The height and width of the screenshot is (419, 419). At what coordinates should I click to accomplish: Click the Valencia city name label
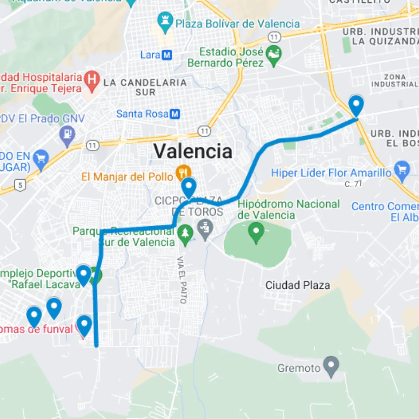click(x=193, y=151)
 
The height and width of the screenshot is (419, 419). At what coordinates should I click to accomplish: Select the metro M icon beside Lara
click(x=167, y=55)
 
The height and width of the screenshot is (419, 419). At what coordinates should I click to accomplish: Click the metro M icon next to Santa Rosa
click(x=175, y=114)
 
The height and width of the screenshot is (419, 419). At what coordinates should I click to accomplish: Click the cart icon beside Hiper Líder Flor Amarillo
click(x=402, y=170)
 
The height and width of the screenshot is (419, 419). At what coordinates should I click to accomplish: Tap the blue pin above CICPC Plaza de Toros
click(x=189, y=187)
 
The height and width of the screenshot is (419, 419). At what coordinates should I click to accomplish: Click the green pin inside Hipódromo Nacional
click(x=256, y=232)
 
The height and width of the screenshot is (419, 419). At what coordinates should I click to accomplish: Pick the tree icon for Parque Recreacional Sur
click(x=185, y=234)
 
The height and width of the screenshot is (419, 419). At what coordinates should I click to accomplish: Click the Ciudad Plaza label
click(x=298, y=286)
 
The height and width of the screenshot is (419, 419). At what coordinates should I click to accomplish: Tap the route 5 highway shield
click(x=20, y=185)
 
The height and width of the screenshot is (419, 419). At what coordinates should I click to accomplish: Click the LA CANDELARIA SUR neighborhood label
click(x=145, y=87)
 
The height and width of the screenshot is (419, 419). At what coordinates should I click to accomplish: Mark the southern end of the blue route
click(x=96, y=345)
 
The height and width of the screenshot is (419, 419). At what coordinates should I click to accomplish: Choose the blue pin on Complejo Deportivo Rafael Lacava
click(x=83, y=275)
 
